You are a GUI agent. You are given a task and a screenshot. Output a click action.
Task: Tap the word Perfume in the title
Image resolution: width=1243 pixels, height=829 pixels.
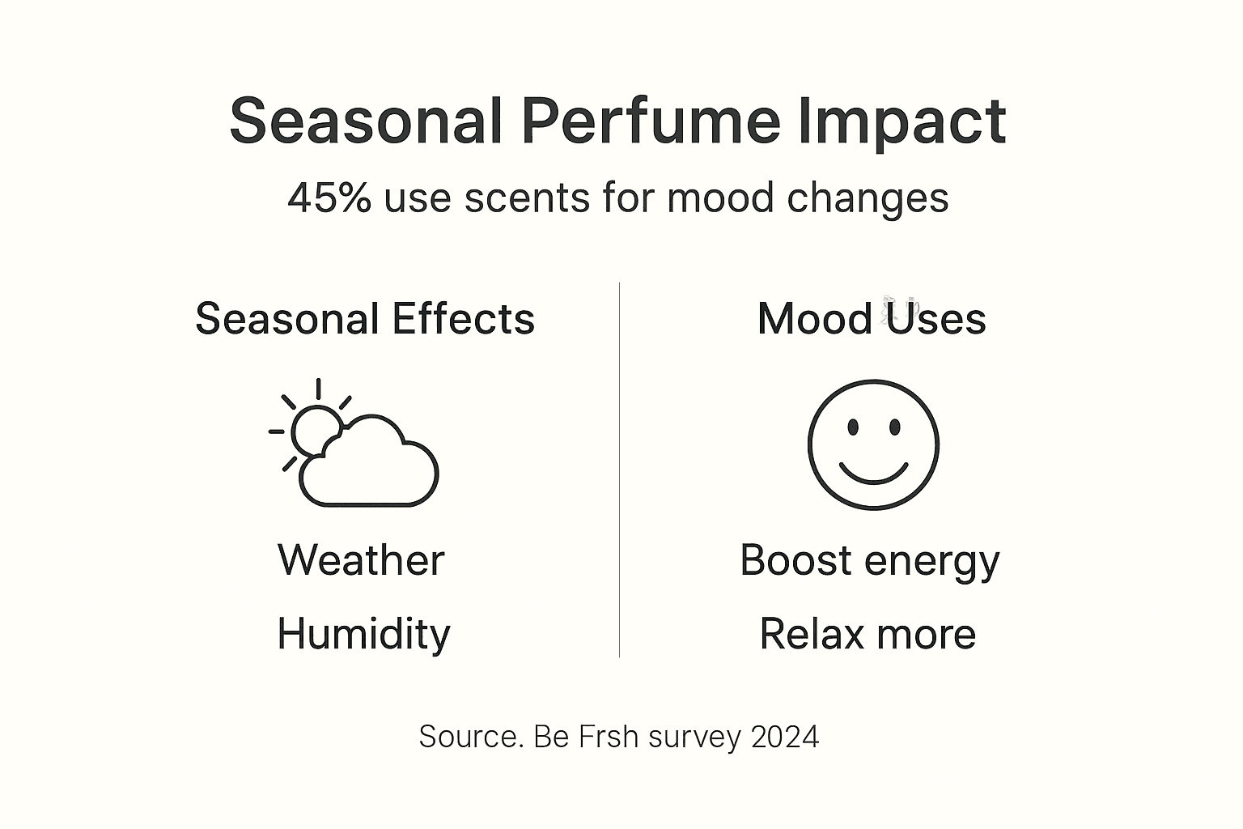[651, 121]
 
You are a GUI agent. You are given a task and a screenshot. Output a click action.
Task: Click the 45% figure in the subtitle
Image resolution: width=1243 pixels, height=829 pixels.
[329, 198]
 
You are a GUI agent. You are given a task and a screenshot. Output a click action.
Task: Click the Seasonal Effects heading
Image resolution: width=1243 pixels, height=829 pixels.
[365, 319]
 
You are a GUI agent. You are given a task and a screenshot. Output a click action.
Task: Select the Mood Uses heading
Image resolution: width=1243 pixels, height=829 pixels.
[872, 319]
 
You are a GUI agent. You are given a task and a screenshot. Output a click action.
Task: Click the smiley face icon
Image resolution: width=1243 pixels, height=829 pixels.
[873, 444]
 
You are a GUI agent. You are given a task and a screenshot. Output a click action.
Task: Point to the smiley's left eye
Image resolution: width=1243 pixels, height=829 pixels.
[852, 427]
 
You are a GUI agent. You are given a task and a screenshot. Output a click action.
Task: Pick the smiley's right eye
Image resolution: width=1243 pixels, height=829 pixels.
[895, 427]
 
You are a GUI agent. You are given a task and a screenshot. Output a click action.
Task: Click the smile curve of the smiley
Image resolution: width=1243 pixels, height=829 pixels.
[873, 474]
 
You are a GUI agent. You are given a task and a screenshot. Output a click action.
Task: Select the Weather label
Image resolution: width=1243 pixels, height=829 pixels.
[361, 560]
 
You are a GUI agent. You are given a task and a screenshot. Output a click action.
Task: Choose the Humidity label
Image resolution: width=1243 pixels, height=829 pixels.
[363, 634]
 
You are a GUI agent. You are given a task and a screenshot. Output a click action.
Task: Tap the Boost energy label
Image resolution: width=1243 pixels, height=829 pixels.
[870, 560]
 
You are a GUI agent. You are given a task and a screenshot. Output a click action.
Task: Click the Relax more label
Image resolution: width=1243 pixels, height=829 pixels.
[868, 634]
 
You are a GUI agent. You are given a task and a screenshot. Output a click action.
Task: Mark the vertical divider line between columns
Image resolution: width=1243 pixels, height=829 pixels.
[619, 470]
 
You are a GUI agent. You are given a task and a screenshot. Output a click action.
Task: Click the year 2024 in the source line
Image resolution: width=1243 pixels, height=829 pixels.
[785, 737]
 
